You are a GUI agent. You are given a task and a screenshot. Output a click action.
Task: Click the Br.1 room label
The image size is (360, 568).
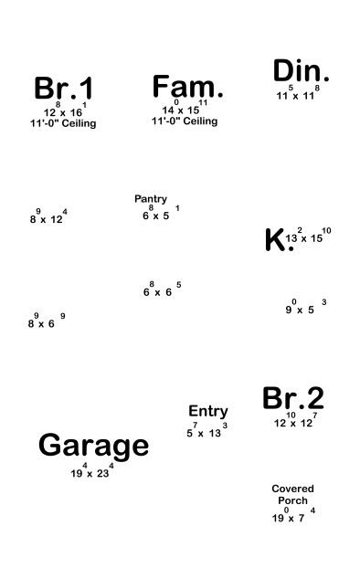(x=64, y=88)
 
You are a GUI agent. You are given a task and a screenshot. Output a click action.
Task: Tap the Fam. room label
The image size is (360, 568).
(x=188, y=86)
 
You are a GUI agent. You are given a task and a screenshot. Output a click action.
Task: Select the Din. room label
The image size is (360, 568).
(x=301, y=70)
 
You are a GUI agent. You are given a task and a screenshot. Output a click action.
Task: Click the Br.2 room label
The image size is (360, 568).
(x=293, y=398)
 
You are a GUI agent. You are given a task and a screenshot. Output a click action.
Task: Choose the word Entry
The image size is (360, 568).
(x=208, y=412)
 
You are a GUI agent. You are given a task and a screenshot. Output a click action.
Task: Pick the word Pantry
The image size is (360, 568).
(x=151, y=199)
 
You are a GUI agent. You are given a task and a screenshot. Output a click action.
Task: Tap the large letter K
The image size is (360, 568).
(x=276, y=239)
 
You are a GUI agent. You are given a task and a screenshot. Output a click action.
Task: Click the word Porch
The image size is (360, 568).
(x=292, y=500)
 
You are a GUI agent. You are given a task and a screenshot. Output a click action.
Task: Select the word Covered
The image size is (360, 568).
(x=292, y=489)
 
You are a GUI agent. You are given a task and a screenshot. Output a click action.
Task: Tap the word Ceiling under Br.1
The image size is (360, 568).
(x=79, y=123)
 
